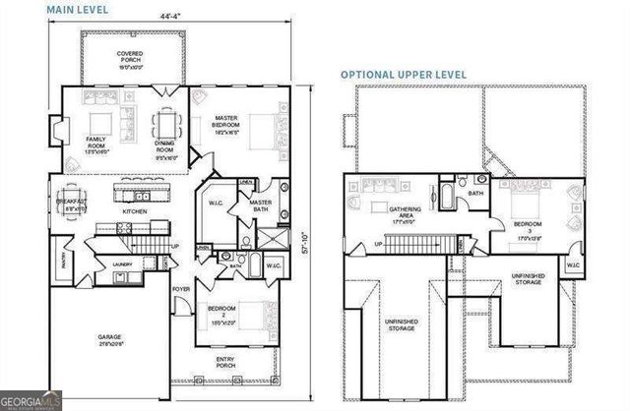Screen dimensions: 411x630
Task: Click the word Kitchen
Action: pyautogui.click(x=135, y=211)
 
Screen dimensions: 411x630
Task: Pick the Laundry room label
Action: pyautogui.click(x=122, y=264)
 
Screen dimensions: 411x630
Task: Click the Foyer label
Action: pyautogui.click(x=180, y=289)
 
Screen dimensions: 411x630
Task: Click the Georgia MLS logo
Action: pyautogui.click(x=32, y=401)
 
